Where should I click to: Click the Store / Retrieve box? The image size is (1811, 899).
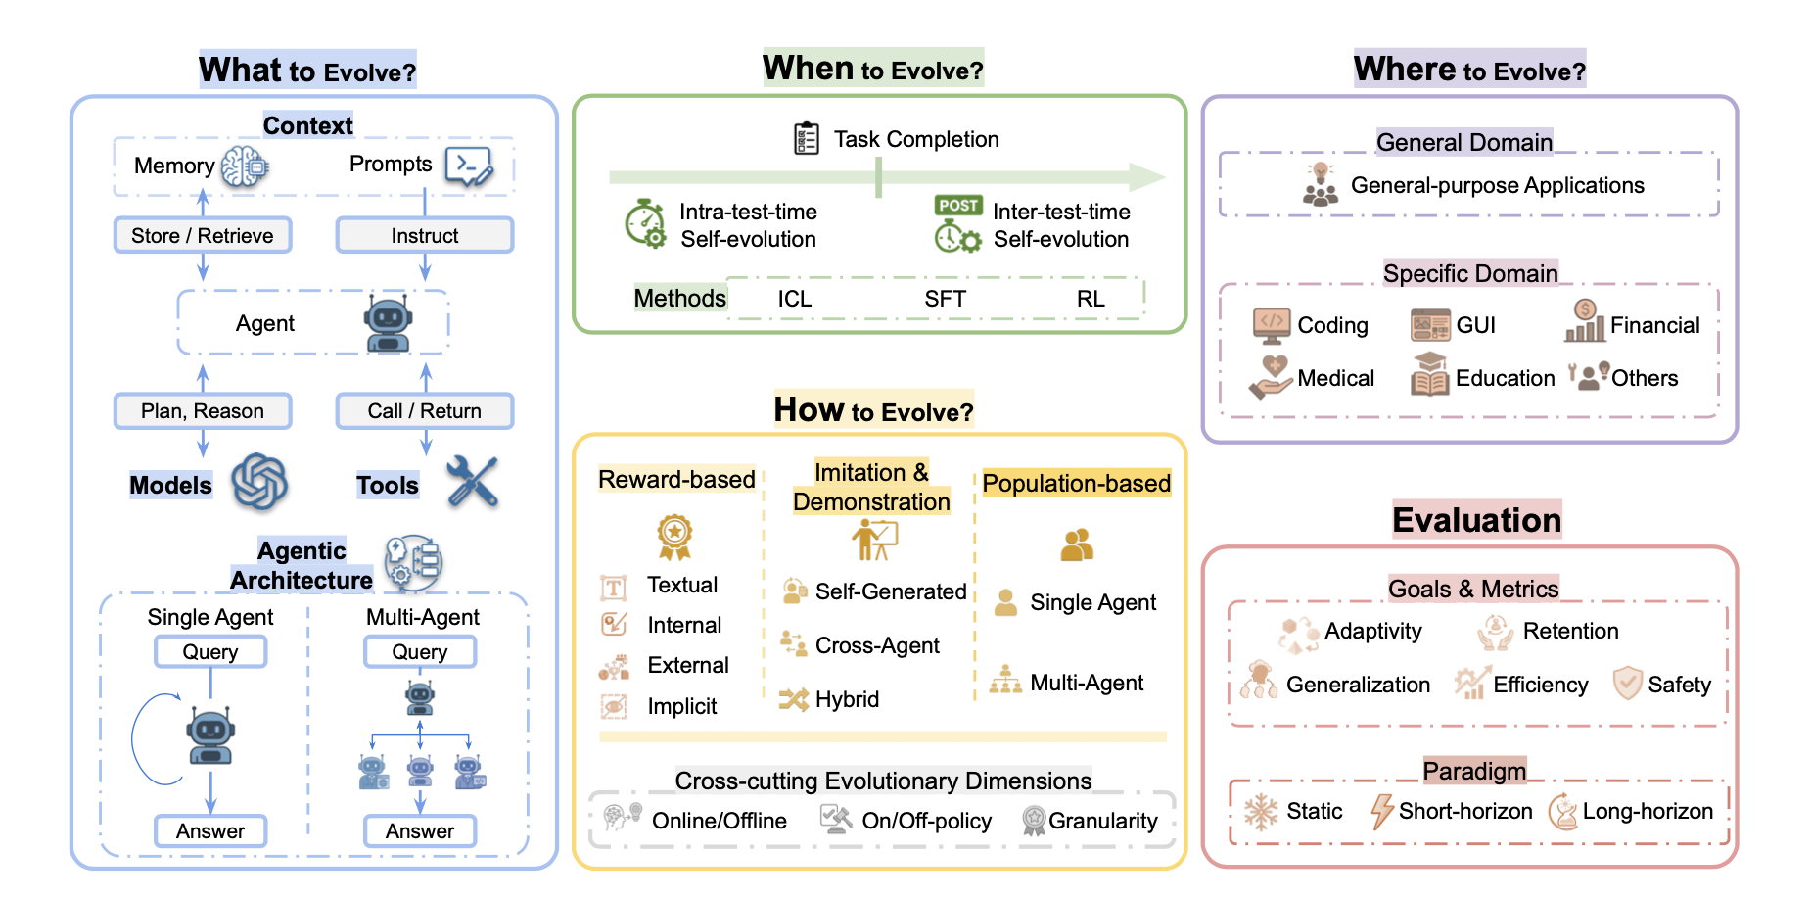click(203, 235)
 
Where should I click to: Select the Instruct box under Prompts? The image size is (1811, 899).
click(425, 235)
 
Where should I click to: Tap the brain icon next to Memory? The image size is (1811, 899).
click(244, 166)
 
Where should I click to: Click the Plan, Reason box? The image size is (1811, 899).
click(203, 411)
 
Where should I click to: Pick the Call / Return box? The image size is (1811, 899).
click(425, 411)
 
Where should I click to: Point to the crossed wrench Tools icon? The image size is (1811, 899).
click(473, 482)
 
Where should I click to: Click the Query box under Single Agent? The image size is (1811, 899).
click(210, 652)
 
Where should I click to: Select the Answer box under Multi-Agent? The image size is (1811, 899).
click(420, 831)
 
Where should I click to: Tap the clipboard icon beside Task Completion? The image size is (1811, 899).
click(807, 138)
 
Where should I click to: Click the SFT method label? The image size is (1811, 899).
click(946, 299)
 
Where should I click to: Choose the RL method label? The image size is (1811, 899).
click(1091, 299)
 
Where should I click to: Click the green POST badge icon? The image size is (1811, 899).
click(958, 205)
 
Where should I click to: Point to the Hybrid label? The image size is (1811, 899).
click(848, 699)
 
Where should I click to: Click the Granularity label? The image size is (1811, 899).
click(1103, 821)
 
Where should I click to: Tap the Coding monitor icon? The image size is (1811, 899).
click(1272, 325)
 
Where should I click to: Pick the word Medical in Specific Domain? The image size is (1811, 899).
click(1336, 378)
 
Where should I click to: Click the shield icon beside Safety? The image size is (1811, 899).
click(1627, 683)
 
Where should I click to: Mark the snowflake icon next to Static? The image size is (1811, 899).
click(1261, 812)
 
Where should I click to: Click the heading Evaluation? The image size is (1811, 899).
click(1477, 520)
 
